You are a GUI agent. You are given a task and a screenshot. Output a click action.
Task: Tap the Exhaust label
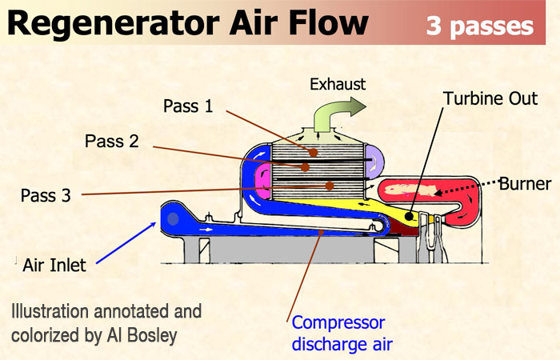pos(338,83)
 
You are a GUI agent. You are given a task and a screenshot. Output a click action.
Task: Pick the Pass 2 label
pos(112,142)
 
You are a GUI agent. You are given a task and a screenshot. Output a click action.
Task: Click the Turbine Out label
pos(490,98)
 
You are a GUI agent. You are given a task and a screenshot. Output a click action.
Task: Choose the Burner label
pos(525,184)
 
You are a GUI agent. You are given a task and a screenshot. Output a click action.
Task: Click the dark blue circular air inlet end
pos(171,214)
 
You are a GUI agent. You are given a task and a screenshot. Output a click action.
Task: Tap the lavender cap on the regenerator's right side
pos(374,158)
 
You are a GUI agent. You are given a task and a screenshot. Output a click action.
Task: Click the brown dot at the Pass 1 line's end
pos(314,150)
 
